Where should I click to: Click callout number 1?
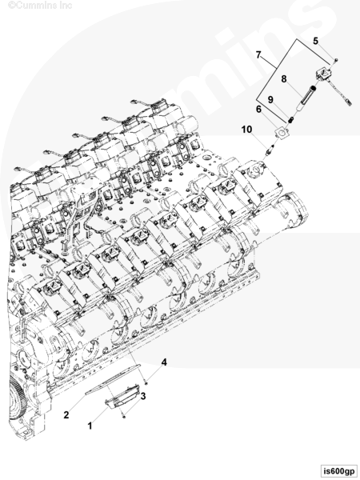coord(90,426)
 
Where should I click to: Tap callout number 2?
coord(66,415)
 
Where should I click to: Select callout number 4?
coord(164,362)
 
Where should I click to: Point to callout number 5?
coord(316,41)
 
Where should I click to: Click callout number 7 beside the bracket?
coord(258,54)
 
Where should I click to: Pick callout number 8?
coord(284,79)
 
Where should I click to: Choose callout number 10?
coord(246,130)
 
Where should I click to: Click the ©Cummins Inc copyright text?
coord(40,6)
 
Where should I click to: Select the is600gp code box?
coord(339,470)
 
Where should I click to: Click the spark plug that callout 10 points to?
coord(269,151)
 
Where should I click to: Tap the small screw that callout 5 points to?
coord(335,60)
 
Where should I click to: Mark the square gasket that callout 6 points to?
coord(282,133)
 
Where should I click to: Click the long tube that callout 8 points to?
coord(306,97)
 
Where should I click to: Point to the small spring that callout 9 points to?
coord(290,118)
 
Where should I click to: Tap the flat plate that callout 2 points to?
coord(113,379)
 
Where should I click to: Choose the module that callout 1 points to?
coord(122,397)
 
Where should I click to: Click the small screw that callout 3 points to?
coord(124,416)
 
